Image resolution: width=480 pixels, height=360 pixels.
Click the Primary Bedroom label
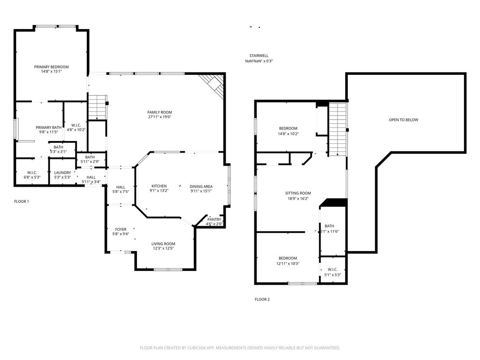[x=51, y=67]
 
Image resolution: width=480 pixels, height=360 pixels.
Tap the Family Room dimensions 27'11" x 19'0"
[x=160, y=117]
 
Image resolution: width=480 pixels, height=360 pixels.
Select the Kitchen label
[x=159, y=186]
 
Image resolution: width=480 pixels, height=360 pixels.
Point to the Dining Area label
[x=201, y=186]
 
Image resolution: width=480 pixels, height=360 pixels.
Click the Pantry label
[x=214, y=219]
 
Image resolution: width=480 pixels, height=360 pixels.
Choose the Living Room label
[x=163, y=244]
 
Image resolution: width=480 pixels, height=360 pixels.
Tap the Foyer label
[x=120, y=229]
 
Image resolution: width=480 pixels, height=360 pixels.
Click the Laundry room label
[x=62, y=173]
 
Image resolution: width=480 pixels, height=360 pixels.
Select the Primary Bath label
[x=49, y=128]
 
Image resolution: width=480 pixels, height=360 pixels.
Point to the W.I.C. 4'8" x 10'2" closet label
[x=76, y=125]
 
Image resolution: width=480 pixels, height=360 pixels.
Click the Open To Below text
[x=403, y=120]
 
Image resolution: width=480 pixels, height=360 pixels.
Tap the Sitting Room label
[x=298, y=193]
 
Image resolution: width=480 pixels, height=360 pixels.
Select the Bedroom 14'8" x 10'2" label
[x=288, y=129]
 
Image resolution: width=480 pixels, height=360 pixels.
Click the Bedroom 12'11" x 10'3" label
[x=287, y=258]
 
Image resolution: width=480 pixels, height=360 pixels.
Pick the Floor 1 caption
[x=21, y=201]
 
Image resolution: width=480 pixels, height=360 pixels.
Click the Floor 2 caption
[x=262, y=300]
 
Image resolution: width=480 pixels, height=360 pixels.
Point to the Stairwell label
[x=259, y=56]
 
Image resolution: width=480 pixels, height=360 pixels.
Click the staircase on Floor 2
[x=338, y=129]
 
